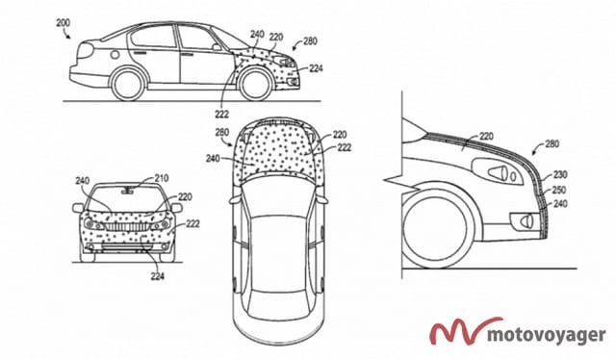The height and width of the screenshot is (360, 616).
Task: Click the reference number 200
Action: tap(63, 23)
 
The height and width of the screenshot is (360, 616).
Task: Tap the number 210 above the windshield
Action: tap(161, 178)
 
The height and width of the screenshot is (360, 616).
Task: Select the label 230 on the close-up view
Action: tap(559, 174)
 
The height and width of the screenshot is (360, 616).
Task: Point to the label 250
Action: tap(558, 190)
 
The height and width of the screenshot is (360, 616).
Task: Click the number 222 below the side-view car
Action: tap(221, 115)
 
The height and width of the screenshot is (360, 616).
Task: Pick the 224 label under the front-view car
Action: tap(157, 276)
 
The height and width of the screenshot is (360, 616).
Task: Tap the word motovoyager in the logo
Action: tap(547, 335)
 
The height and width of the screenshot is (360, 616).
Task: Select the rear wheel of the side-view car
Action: tap(127, 84)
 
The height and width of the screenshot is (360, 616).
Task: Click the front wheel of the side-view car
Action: tap(255, 84)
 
